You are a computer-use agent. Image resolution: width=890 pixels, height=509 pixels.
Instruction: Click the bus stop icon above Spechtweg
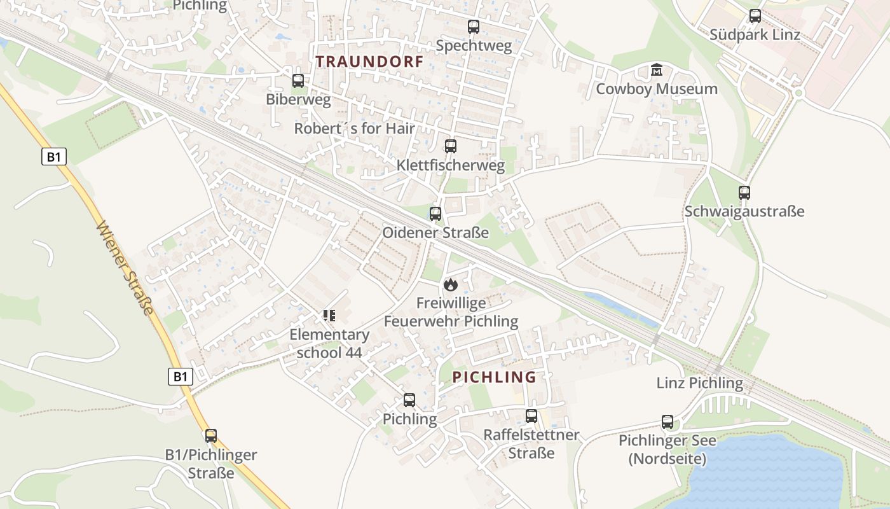tap(473, 27)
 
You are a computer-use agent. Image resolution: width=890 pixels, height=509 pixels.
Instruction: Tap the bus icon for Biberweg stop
tap(298, 81)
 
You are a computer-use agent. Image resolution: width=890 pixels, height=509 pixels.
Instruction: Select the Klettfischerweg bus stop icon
tap(450, 146)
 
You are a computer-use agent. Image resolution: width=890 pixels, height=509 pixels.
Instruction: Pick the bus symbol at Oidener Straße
tap(435, 214)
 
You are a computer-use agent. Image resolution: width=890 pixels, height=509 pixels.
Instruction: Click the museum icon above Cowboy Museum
tap(657, 69)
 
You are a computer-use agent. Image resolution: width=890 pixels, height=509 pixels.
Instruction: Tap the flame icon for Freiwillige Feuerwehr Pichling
tap(451, 284)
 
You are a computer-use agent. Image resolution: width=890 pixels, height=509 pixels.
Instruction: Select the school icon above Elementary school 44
tap(329, 316)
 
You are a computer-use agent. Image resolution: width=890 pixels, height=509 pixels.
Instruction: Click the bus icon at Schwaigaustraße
tap(744, 192)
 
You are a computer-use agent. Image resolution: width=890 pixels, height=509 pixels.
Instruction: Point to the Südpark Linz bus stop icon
tap(755, 16)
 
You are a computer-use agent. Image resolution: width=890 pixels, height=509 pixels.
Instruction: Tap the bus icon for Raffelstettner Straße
tap(531, 416)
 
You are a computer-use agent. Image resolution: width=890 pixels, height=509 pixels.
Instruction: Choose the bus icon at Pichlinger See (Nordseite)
tap(667, 421)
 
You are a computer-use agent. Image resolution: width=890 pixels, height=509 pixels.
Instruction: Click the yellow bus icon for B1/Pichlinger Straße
tap(211, 436)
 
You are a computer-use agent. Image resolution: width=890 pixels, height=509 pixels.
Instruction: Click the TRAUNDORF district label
tap(369, 62)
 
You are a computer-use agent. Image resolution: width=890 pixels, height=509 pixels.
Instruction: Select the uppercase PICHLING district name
tap(494, 377)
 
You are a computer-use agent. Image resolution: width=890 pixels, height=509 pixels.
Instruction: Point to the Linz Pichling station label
tap(699, 383)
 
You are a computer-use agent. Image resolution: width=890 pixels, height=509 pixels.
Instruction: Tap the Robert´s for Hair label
tap(354, 129)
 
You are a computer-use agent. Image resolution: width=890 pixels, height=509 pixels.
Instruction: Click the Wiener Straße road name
tap(125, 267)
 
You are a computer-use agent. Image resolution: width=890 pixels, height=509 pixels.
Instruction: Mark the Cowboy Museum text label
tap(656, 89)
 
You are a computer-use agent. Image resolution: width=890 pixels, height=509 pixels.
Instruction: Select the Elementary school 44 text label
tap(329, 343)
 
